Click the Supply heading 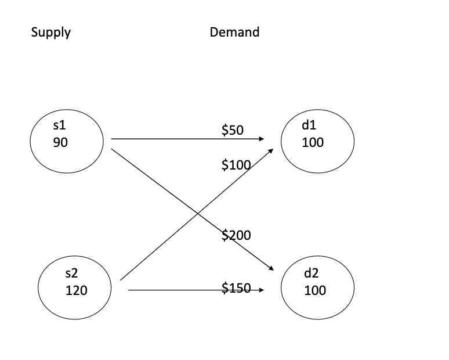point(50,33)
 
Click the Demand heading point(234,33)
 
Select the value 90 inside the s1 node point(60,142)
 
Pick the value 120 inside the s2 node point(77,290)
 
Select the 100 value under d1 point(313,142)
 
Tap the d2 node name point(311,274)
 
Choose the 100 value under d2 point(315,290)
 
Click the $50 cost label point(232,130)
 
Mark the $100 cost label point(236,165)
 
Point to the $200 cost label point(236,235)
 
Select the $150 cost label point(236,287)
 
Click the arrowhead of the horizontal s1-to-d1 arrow point(262,139)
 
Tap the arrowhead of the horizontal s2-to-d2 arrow point(262,290)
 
